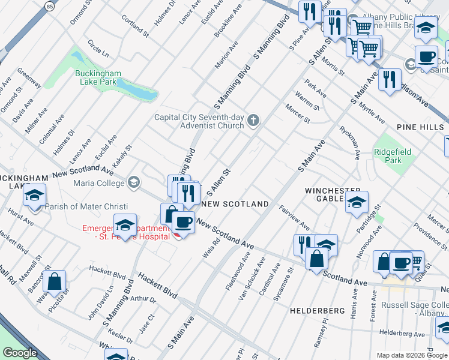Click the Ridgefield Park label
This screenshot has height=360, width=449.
click(x=393, y=157)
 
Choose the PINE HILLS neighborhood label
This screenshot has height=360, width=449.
click(x=421, y=127)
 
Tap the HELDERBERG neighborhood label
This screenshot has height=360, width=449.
click(x=317, y=311)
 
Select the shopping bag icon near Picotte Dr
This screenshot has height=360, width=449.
click(x=54, y=281)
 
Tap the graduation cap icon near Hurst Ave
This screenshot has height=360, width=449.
click(x=35, y=195)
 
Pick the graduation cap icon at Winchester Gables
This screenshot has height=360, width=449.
click(x=357, y=202)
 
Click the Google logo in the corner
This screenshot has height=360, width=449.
click(x=20, y=353)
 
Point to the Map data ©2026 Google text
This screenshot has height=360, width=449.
click(x=412, y=355)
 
